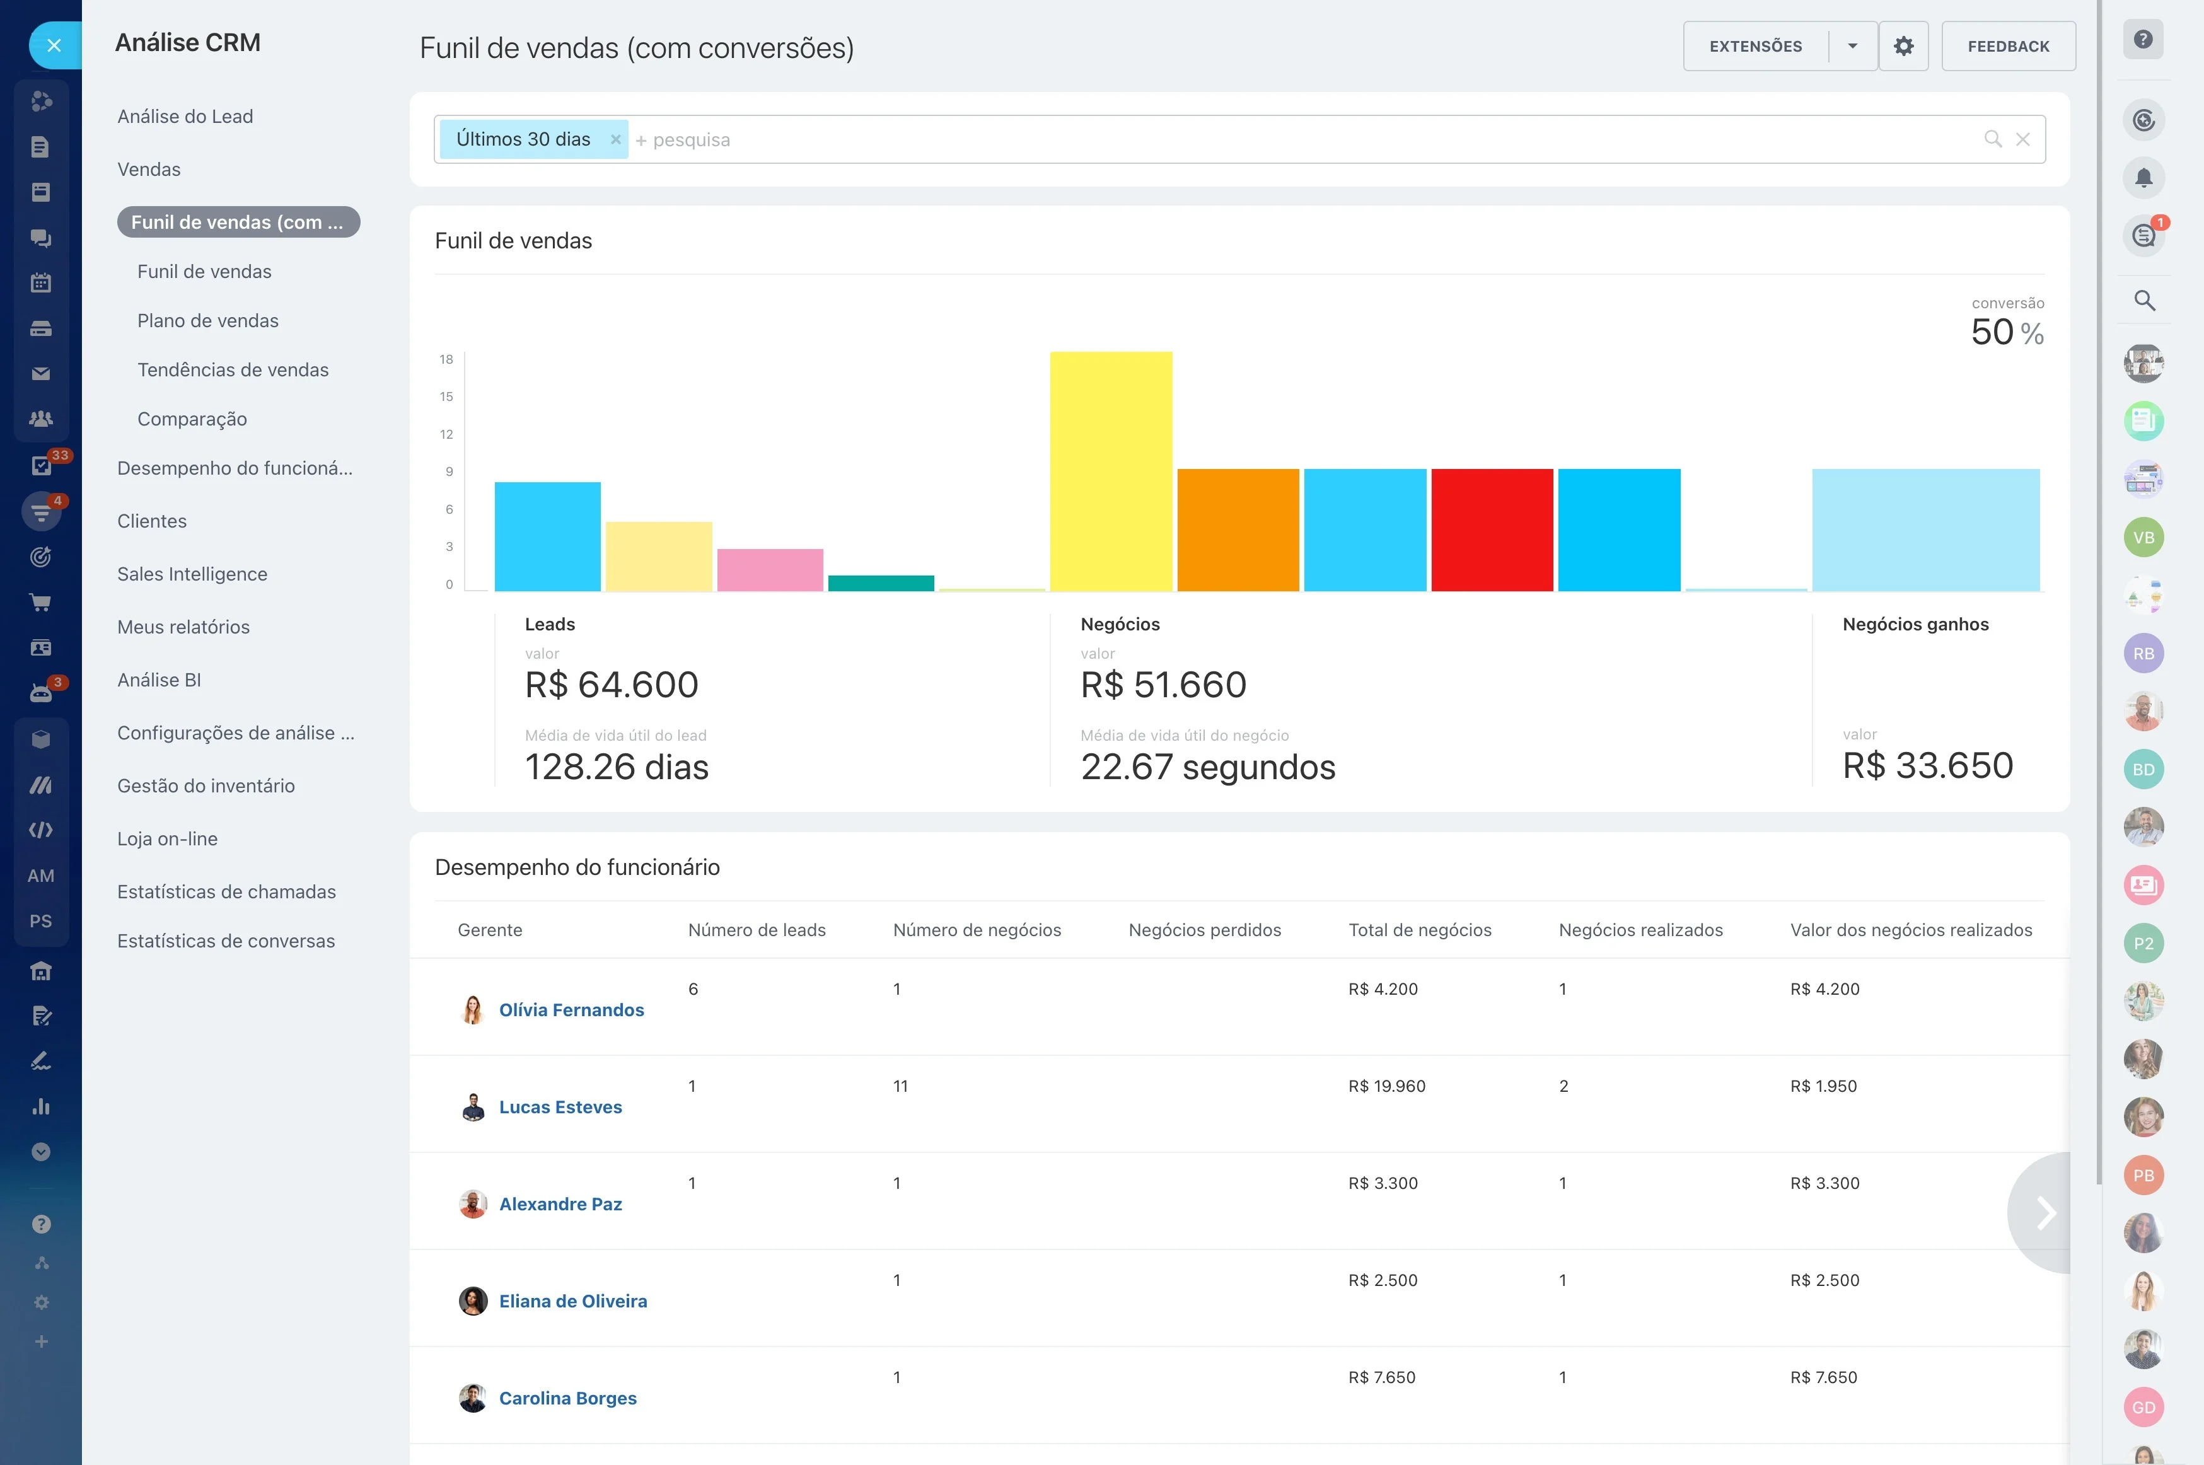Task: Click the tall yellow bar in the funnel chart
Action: point(1111,471)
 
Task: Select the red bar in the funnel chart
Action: point(1492,530)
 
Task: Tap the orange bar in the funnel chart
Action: point(1238,530)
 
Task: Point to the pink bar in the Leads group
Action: point(770,570)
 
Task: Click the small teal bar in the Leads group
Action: point(881,583)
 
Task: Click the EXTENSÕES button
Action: point(1756,46)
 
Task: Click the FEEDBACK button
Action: point(2009,46)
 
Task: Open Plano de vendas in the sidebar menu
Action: point(207,320)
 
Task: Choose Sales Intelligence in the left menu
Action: point(192,574)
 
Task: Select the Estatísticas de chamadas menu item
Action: point(226,891)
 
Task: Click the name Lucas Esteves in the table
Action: point(560,1106)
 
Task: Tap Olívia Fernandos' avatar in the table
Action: point(473,1009)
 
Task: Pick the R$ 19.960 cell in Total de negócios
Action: point(1386,1086)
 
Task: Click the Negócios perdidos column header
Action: point(1204,930)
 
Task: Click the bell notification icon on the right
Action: point(2144,178)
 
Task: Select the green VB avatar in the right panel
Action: point(2144,537)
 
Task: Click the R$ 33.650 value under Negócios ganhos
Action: point(1927,765)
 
